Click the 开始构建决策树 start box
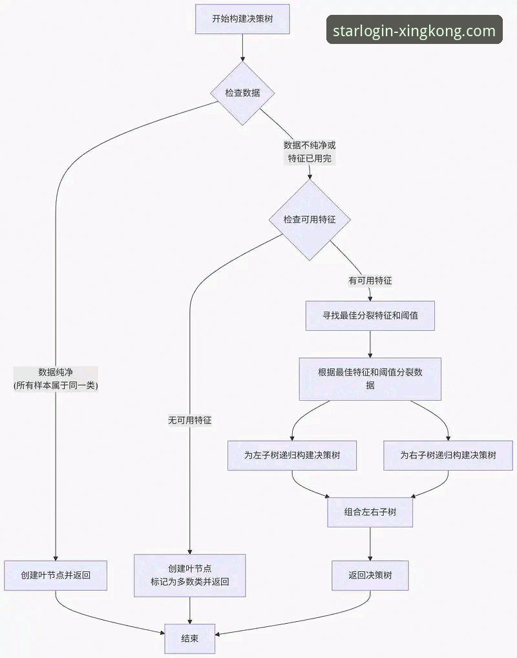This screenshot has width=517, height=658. (242, 19)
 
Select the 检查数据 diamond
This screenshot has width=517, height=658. (242, 92)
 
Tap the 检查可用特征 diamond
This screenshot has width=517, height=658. (310, 220)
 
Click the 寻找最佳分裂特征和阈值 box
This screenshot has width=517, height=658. (370, 316)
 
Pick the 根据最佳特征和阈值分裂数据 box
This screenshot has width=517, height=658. (370, 379)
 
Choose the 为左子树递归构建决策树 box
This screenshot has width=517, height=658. (292, 455)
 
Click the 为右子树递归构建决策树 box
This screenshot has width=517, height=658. (448, 455)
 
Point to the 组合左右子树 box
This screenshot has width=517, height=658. (370, 512)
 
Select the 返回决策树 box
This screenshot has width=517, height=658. (370, 575)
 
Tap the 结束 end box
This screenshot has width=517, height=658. (189, 638)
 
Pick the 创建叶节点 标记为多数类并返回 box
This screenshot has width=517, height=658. (189, 575)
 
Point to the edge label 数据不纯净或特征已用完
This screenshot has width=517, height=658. (310, 151)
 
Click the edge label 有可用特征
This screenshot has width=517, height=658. (370, 281)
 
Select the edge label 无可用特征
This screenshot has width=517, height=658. (189, 420)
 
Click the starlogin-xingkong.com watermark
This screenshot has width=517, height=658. (414, 30)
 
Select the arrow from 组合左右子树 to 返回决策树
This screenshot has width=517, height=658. (370, 544)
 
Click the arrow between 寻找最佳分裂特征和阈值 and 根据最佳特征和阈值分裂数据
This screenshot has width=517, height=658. (370, 345)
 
